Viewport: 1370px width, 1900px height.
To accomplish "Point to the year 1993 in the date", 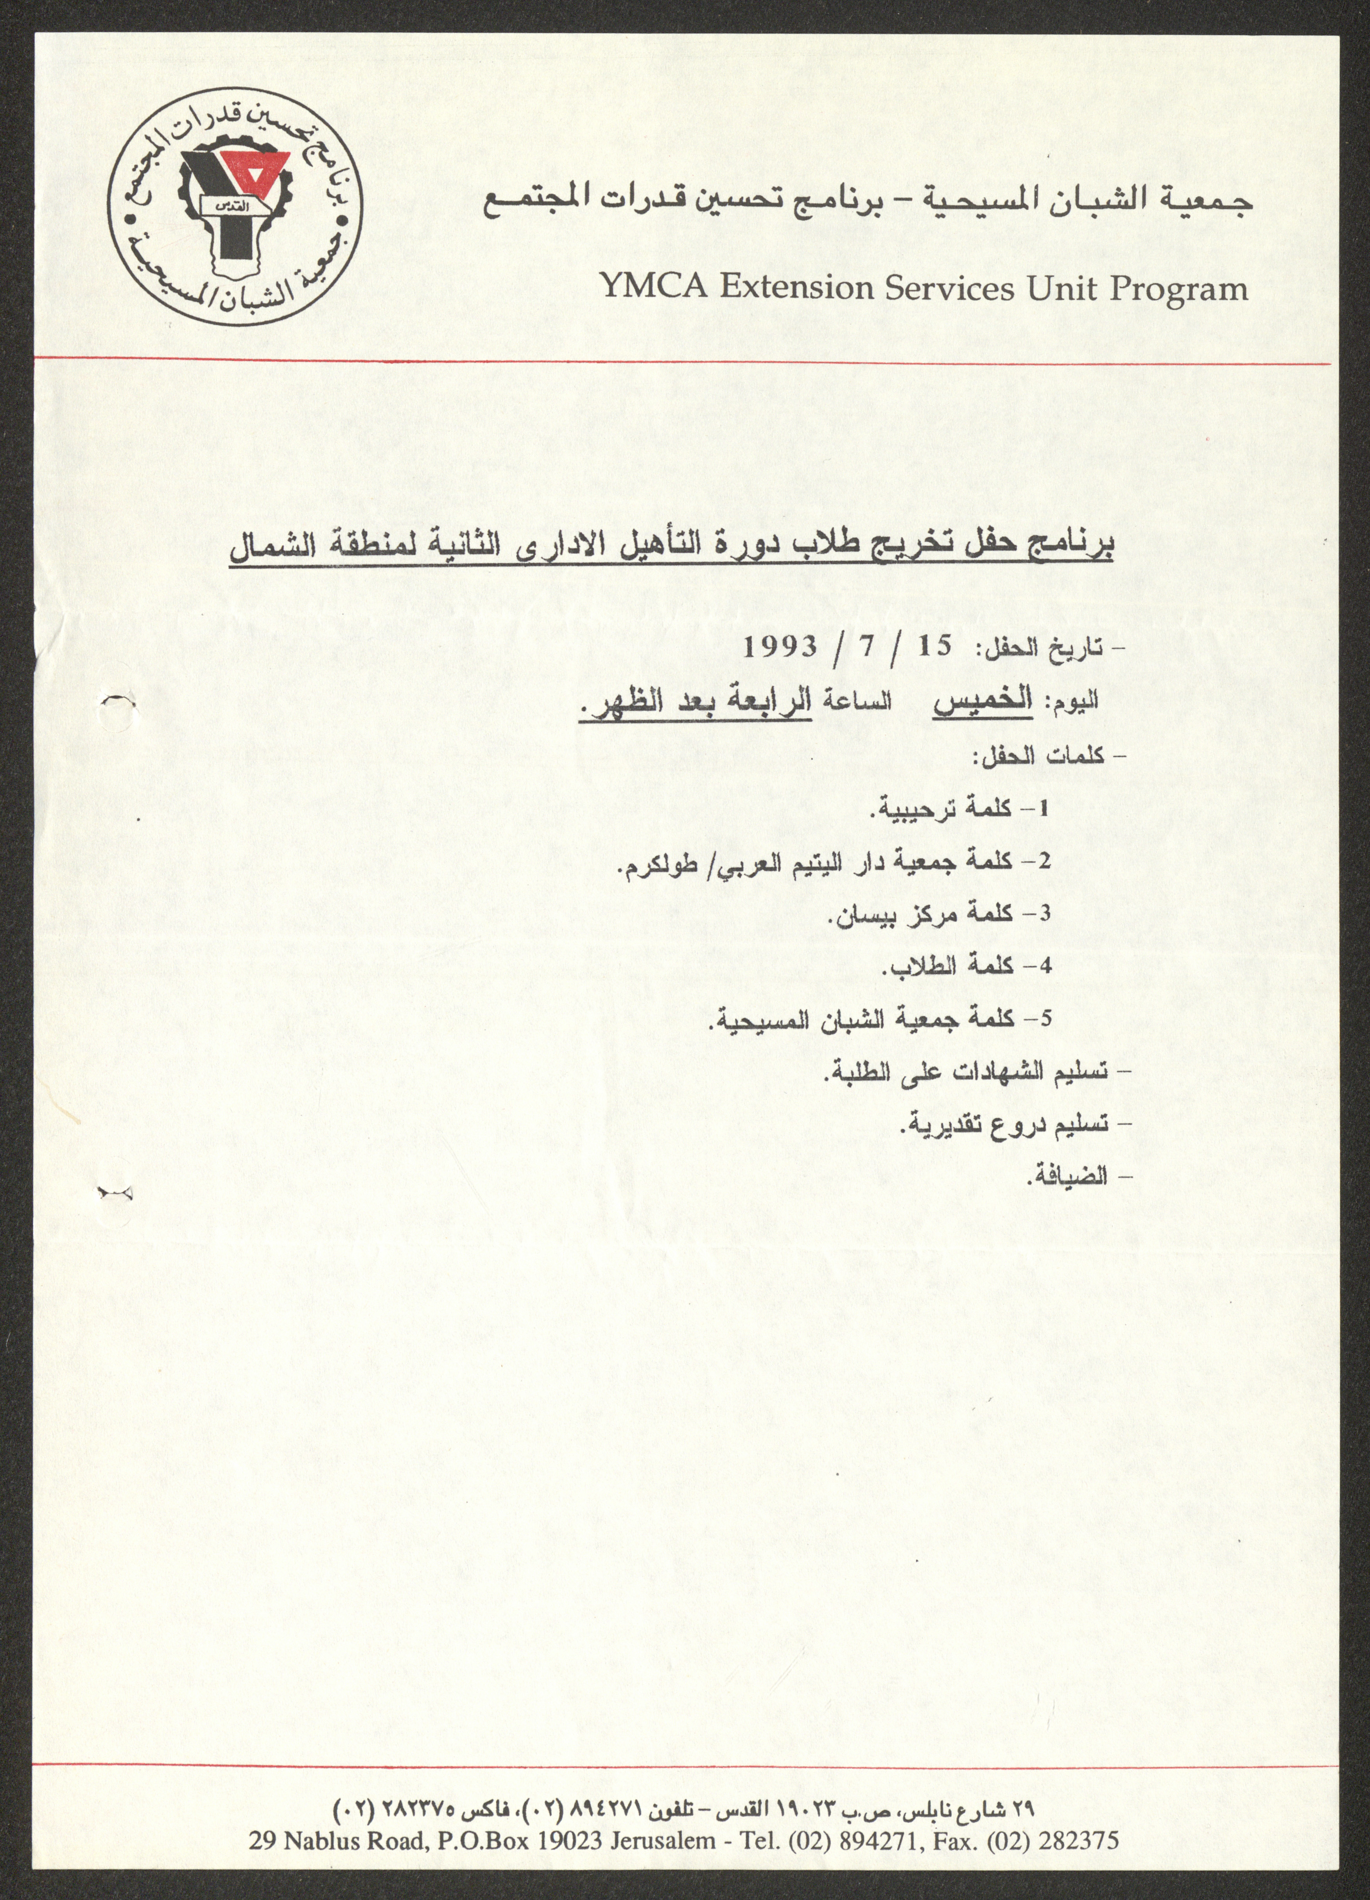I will click(x=780, y=646).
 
